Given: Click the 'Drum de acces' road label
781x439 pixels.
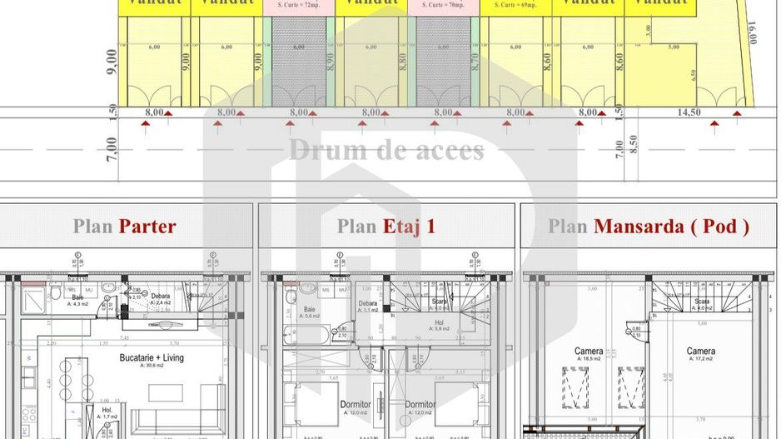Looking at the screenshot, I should (x=386, y=151).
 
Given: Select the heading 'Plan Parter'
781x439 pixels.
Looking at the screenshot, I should (x=124, y=226).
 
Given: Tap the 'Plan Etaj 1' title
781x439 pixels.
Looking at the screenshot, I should (x=386, y=226).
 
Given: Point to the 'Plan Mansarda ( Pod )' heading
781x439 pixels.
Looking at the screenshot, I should (x=649, y=226).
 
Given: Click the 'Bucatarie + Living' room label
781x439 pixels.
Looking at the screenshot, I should (x=152, y=358).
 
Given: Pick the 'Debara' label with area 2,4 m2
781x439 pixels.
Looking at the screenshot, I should (x=160, y=297).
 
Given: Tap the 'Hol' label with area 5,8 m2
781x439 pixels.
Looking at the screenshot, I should (x=439, y=323).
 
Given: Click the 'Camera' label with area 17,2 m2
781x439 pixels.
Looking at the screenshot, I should (x=700, y=352).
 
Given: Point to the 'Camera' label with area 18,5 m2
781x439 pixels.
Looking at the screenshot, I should (x=589, y=352).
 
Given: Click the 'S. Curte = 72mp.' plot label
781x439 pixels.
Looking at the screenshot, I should (x=298, y=5).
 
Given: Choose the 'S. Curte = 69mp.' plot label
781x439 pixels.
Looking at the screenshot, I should (x=515, y=5).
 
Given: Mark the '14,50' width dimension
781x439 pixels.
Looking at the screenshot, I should (x=689, y=112).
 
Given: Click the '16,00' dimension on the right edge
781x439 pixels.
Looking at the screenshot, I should (x=753, y=33).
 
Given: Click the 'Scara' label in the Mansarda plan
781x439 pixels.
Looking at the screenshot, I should (x=702, y=302).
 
